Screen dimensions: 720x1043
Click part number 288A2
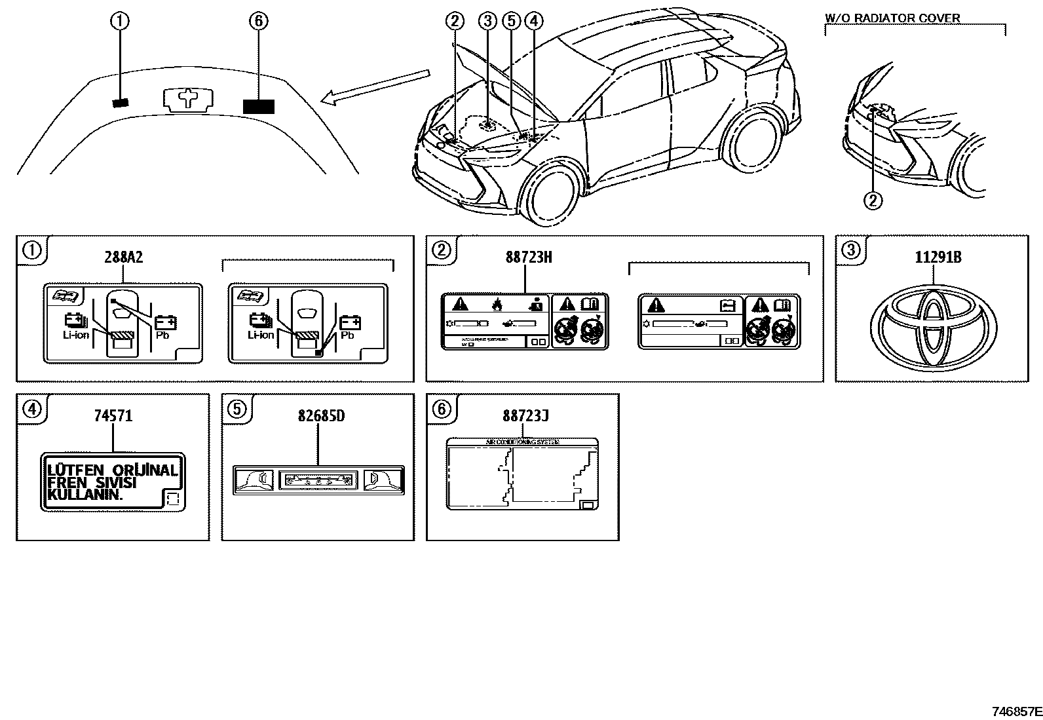(123, 257)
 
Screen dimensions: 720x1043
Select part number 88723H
(528, 257)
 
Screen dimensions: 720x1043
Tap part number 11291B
(938, 257)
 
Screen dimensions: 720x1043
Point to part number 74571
(113, 415)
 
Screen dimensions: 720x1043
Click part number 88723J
(525, 415)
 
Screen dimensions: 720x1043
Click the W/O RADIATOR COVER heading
(892, 18)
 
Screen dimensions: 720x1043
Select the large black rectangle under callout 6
(258, 106)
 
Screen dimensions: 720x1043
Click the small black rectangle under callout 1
(121, 102)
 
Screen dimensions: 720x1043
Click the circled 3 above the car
(487, 22)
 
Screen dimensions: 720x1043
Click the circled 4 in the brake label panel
(31, 409)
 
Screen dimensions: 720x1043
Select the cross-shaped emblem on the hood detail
(187, 98)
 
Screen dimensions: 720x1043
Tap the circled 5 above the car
(511, 22)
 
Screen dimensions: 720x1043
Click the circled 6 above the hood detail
(258, 22)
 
